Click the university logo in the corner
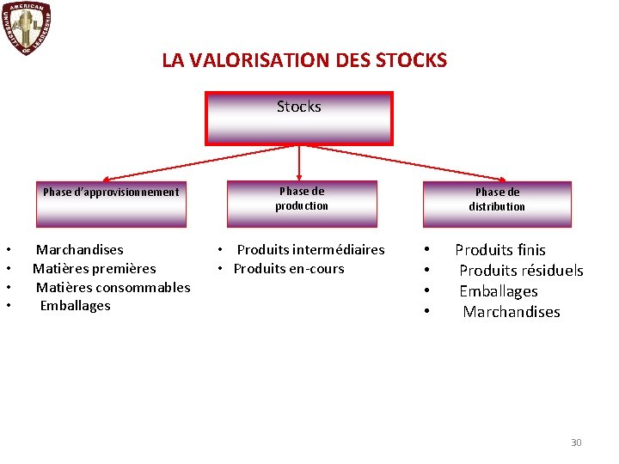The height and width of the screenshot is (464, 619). pos(27,28)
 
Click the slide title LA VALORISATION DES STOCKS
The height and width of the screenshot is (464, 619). pos(304,60)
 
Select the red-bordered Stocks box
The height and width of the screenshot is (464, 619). pos(298,119)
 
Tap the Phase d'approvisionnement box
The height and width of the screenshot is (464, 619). pos(111,204)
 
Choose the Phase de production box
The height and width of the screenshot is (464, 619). pos(302,204)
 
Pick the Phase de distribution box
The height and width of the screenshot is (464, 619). pos(497,204)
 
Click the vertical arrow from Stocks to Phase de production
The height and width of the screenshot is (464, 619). pos(299,162)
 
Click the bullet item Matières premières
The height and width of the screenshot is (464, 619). pos(95,269)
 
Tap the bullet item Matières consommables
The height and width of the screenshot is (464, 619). pos(113,287)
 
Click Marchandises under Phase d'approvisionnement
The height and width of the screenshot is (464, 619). pos(79,250)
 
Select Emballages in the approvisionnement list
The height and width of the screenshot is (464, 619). pos(75,305)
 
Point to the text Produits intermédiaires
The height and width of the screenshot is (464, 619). pos(310,250)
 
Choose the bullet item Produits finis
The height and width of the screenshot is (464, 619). pos(500,250)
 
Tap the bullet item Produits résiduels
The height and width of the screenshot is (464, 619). pos(521,271)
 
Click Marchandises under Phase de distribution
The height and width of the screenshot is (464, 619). pos(512,312)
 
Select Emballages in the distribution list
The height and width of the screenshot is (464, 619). pos(499,291)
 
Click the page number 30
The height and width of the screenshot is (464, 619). pos(576,443)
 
